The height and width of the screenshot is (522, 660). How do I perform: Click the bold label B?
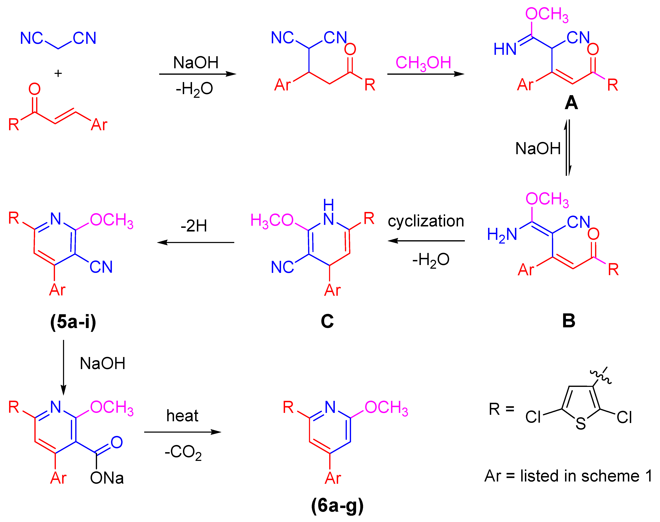(x=569, y=321)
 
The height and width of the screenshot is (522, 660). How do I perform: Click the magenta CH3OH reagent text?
(x=423, y=63)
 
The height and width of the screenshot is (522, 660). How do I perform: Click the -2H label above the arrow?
(x=194, y=226)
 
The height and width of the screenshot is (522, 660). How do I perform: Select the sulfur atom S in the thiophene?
(x=581, y=423)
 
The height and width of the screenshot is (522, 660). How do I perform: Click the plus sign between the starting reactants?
(x=58, y=73)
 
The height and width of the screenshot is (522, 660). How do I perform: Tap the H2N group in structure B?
(x=502, y=235)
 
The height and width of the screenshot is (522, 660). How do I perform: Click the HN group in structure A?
(x=505, y=49)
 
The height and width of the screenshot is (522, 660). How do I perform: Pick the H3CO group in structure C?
(x=272, y=220)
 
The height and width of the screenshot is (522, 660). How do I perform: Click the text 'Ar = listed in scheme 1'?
(x=568, y=476)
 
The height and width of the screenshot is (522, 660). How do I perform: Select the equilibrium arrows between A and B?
(x=567, y=148)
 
